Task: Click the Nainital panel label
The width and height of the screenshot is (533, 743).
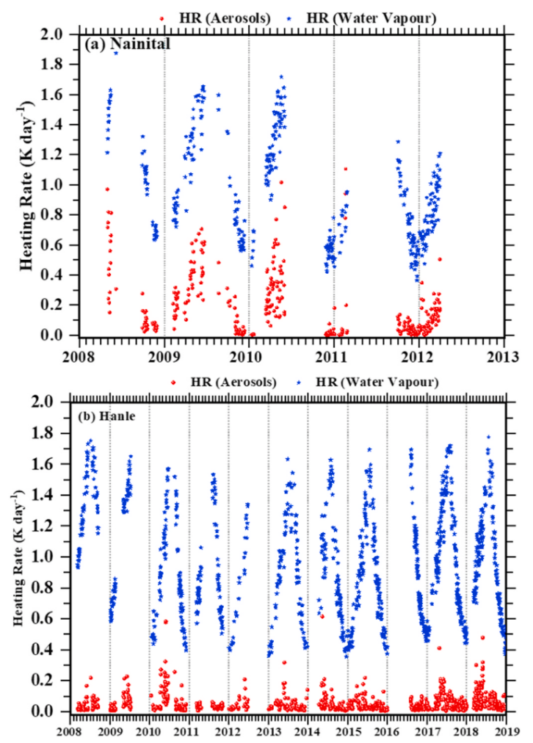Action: (x=128, y=45)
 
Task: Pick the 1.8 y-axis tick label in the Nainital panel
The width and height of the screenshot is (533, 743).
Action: (x=62, y=65)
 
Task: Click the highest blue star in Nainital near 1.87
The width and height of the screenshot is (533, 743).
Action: (x=115, y=53)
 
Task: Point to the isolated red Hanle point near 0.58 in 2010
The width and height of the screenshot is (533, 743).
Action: (x=166, y=622)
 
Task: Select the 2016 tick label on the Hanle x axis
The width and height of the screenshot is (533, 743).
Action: (x=387, y=731)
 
